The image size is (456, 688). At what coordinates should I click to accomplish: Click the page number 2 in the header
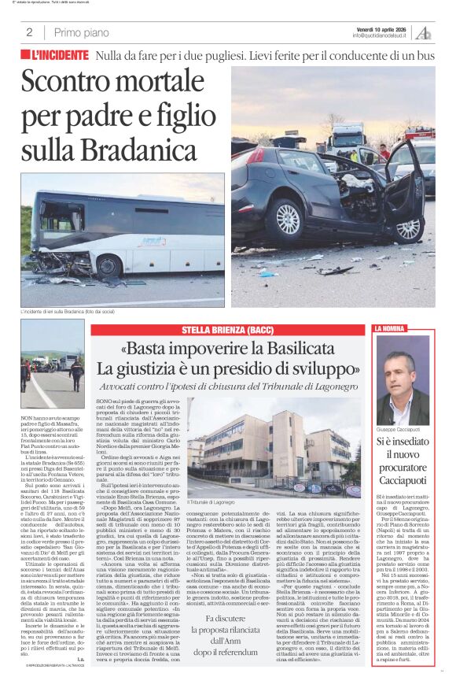[29, 32]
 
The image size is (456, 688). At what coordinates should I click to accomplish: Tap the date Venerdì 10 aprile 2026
[383, 28]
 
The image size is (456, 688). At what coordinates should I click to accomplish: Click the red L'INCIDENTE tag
[56, 56]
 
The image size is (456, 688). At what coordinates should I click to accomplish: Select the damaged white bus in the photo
[122, 236]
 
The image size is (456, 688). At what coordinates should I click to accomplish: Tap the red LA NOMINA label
[391, 328]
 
